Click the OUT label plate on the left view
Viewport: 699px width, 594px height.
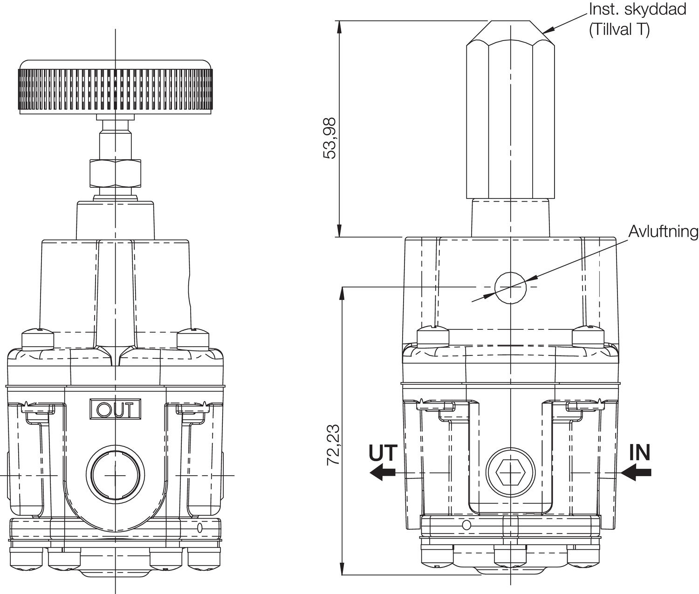(x=115, y=409)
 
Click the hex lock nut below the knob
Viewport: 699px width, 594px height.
(x=115, y=172)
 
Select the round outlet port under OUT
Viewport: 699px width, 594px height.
(x=115, y=475)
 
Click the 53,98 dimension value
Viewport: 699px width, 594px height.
(x=330, y=138)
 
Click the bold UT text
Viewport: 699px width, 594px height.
(x=383, y=453)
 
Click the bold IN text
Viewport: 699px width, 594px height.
(x=639, y=453)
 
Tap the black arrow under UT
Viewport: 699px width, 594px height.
(x=383, y=472)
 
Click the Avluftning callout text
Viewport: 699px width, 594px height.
(x=663, y=232)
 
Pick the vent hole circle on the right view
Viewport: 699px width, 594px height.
(x=510, y=287)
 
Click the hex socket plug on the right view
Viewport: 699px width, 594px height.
(x=510, y=473)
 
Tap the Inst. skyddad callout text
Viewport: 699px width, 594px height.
(x=637, y=9)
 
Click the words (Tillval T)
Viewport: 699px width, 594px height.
(x=619, y=29)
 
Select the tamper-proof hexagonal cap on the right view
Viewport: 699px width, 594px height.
(x=510, y=116)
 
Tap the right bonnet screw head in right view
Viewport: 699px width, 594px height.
(x=588, y=335)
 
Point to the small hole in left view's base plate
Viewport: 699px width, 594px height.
(x=200, y=528)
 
